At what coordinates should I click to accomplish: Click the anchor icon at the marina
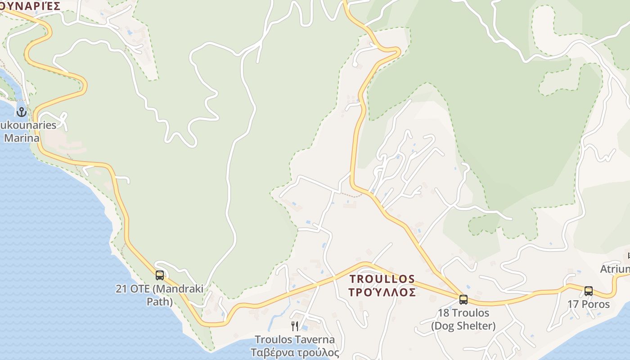click(x=21, y=112)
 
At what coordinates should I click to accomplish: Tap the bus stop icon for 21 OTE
click(x=160, y=275)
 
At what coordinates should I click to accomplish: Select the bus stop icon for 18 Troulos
click(x=463, y=299)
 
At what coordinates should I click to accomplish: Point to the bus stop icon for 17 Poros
click(x=589, y=291)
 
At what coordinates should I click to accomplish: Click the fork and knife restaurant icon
click(x=295, y=326)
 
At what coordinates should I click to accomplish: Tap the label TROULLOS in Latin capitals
click(x=382, y=279)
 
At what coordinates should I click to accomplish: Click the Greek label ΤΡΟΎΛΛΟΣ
click(x=382, y=292)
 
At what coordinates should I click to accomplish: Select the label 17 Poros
click(x=589, y=304)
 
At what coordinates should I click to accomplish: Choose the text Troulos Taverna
click(x=295, y=340)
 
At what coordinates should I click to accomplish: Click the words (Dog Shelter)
click(x=463, y=325)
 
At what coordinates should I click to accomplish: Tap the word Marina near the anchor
click(x=22, y=138)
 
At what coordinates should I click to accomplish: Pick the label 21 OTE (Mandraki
click(x=160, y=288)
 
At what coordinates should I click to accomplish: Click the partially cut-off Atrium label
click(x=616, y=269)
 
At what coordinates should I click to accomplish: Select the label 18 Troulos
click(x=463, y=313)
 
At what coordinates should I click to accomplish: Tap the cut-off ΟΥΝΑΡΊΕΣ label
click(x=30, y=6)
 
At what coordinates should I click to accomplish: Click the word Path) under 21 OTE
click(x=160, y=301)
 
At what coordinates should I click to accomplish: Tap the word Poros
click(x=596, y=304)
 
